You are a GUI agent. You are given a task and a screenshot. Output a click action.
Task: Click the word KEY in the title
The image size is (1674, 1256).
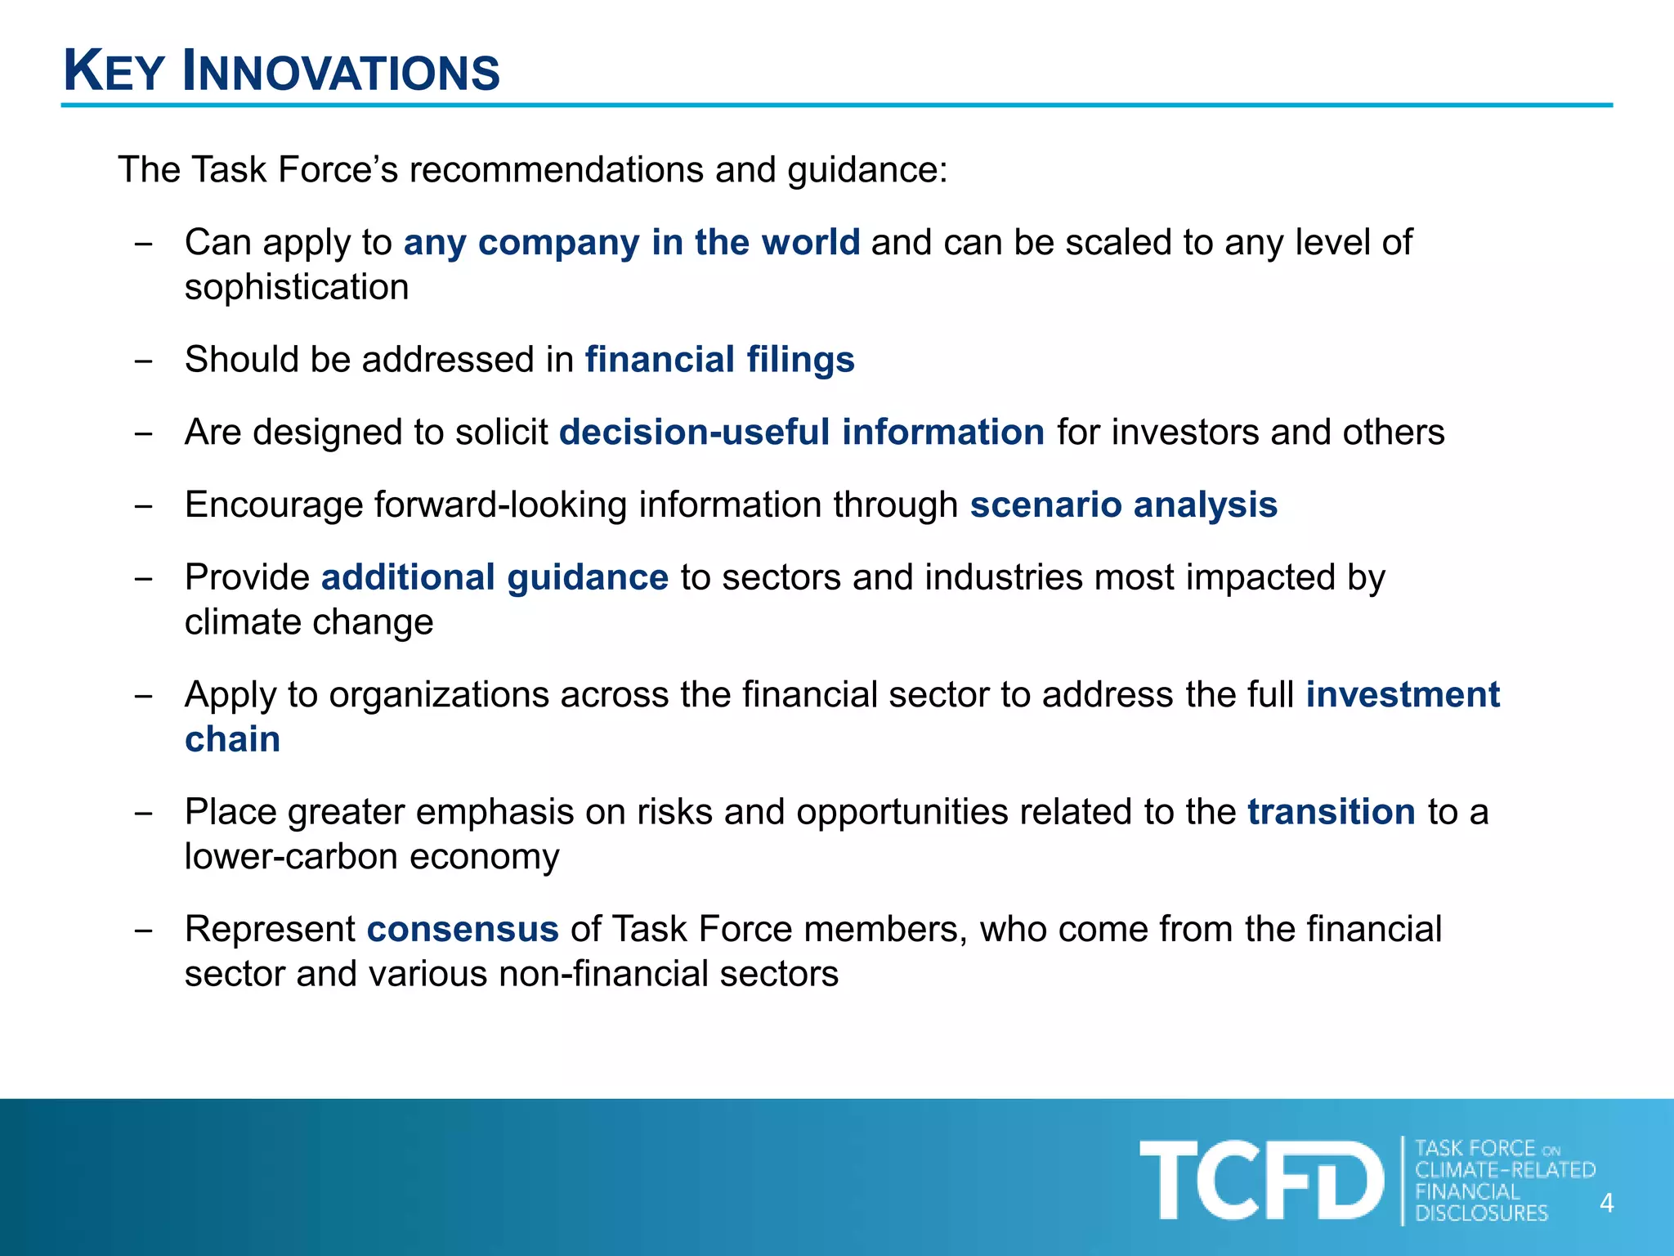click(x=114, y=72)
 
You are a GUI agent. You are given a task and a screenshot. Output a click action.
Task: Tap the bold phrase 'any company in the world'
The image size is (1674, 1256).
click(x=631, y=242)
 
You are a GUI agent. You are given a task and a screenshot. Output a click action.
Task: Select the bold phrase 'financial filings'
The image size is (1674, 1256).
click(x=719, y=360)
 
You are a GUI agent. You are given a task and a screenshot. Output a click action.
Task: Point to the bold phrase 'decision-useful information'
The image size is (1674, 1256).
click(x=801, y=432)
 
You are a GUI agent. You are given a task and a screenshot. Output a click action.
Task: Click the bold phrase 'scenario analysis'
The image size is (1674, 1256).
click(x=1123, y=505)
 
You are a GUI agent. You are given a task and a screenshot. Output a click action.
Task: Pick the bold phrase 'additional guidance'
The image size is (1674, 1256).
click(x=495, y=577)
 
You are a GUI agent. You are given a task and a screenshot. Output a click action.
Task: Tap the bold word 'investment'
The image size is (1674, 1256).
click(x=1402, y=694)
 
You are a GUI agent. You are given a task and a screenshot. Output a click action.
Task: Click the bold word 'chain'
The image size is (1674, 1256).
click(x=232, y=739)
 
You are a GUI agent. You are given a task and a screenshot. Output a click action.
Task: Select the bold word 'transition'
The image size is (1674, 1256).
click(x=1331, y=812)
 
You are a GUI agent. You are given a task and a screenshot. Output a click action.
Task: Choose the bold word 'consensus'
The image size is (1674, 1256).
click(x=463, y=929)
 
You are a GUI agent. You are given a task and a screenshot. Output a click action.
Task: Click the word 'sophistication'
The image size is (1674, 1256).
click(x=297, y=288)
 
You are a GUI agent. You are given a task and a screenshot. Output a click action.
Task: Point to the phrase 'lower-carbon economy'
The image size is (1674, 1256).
click(x=372, y=857)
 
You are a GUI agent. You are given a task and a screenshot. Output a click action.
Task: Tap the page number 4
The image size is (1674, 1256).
click(x=1606, y=1204)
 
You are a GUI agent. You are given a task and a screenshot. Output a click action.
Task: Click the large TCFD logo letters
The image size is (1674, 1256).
click(x=1260, y=1181)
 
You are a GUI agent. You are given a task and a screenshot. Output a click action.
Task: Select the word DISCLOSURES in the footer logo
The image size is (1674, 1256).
click(x=1481, y=1213)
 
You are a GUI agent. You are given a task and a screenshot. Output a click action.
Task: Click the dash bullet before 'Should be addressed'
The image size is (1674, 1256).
click(x=144, y=361)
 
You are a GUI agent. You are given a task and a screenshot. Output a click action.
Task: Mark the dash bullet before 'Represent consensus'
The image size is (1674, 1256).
click(x=144, y=931)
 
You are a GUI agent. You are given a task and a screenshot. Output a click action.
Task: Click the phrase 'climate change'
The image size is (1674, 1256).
click(x=309, y=622)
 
